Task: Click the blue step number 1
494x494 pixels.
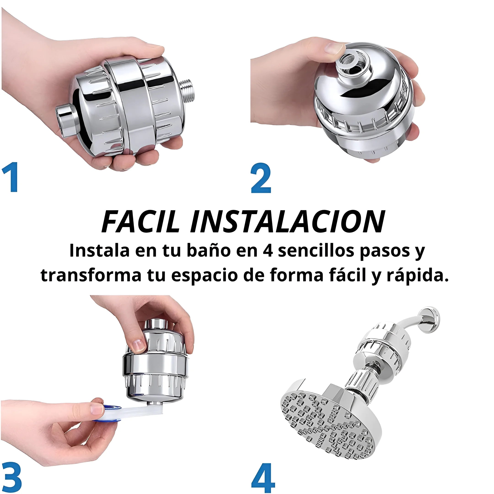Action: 10,177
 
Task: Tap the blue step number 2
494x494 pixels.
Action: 261,178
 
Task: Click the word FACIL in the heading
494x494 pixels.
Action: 140,221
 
